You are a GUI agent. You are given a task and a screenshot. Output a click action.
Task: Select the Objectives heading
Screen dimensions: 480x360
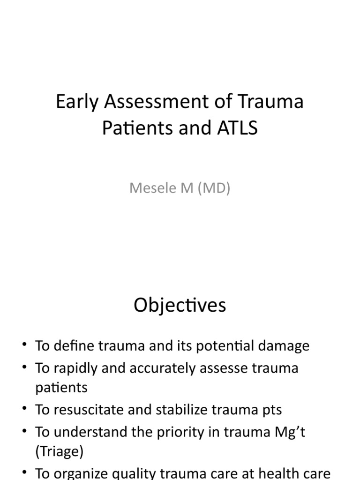(180, 305)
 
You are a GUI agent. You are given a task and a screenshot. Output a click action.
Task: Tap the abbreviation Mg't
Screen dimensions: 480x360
(290, 431)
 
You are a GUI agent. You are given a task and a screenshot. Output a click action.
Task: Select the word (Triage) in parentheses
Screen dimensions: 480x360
(58, 452)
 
